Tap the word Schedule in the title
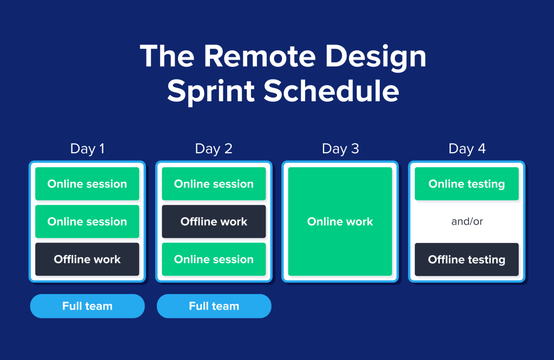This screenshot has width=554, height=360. coord(332,91)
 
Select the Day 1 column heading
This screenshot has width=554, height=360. coord(87,149)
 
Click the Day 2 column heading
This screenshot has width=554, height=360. coord(214,149)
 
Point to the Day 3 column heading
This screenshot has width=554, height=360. coord(340,149)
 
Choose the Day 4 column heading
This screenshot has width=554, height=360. coord(467,149)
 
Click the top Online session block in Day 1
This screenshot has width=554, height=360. coord(87,184)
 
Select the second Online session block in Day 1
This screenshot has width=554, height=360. coord(87,221)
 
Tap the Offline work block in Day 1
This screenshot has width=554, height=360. coord(87,259)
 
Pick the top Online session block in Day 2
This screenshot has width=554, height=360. coord(214,184)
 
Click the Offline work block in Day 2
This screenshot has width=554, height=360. coord(214,221)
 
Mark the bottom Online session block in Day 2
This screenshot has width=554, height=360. coord(214,259)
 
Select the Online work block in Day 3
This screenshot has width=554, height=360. coord(340,221)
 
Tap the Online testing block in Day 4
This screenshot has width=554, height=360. coord(467,184)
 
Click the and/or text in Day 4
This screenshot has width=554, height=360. coord(467,221)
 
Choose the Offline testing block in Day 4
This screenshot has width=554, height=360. coord(467,259)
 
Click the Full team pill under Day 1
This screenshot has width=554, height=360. coord(87,306)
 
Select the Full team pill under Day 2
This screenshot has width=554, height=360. coord(214,306)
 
